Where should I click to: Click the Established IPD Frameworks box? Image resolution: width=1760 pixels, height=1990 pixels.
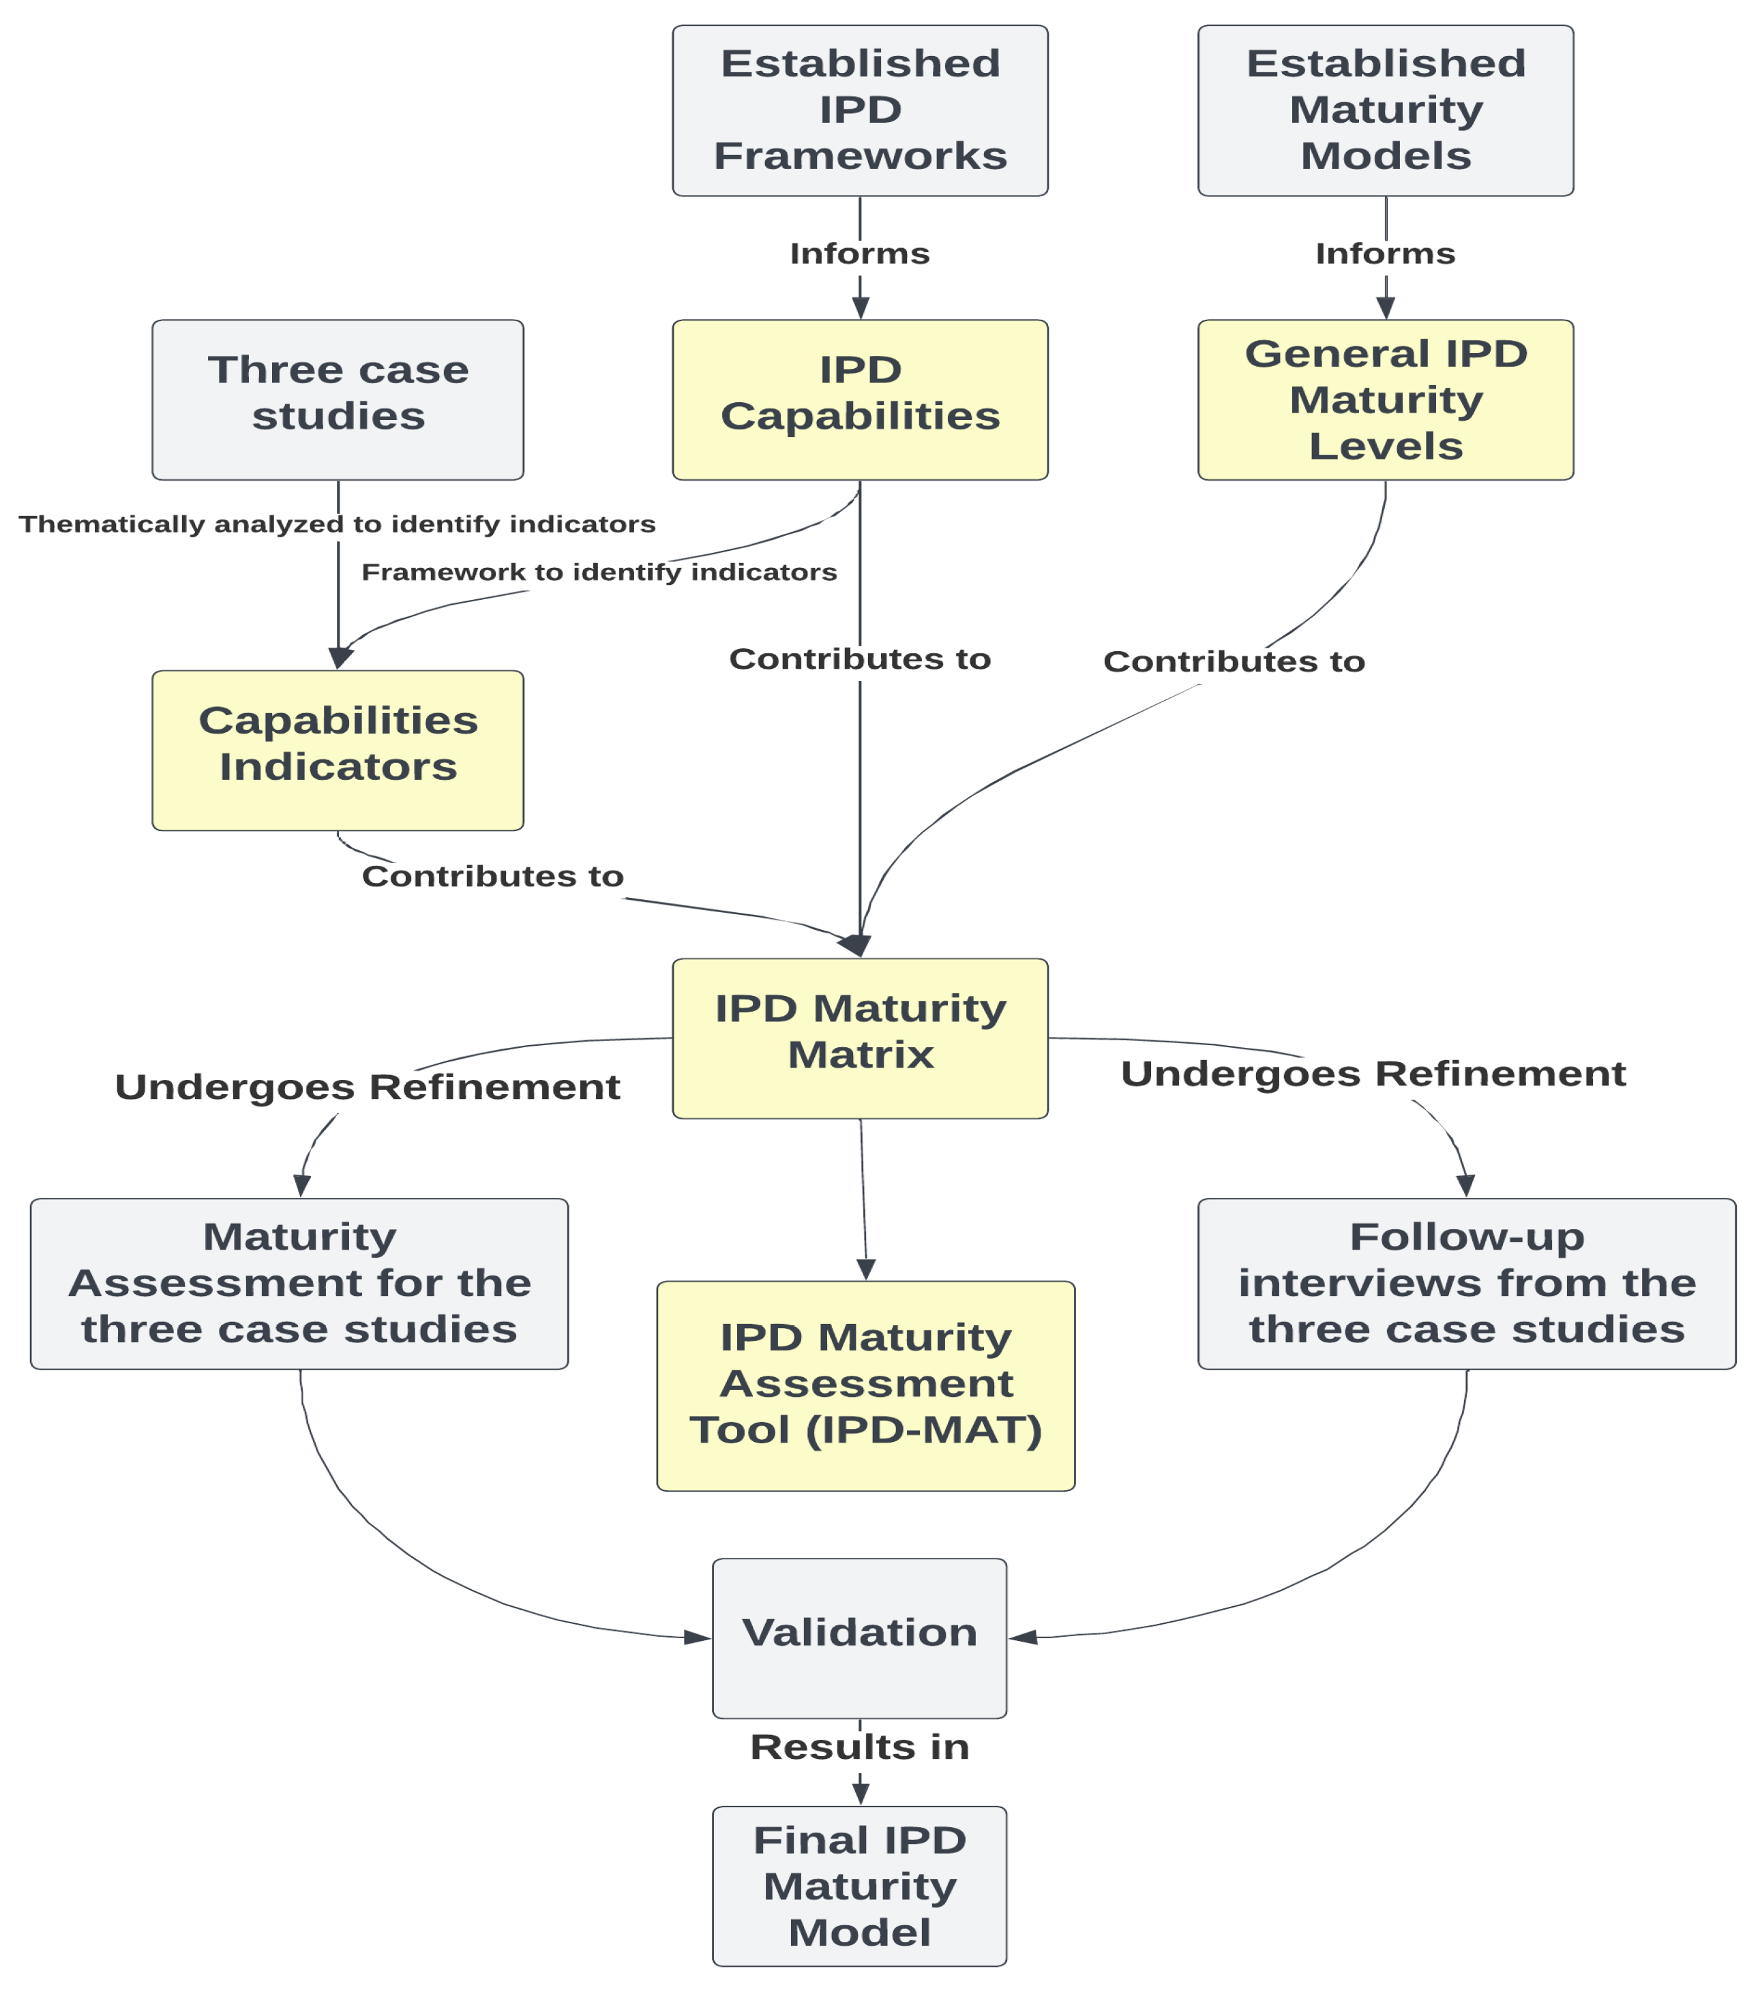click(x=860, y=110)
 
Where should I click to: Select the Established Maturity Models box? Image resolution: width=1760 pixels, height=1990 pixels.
click(x=1385, y=110)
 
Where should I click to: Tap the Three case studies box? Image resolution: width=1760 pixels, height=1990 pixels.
click(x=338, y=399)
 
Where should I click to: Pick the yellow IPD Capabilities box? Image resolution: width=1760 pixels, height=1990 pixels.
click(x=860, y=399)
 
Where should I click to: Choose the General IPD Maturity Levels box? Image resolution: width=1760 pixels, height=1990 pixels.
click(x=1385, y=399)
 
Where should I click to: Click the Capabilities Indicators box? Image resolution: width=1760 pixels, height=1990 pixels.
click(x=338, y=750)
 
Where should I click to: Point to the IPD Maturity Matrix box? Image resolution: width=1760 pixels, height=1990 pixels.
click(x=860, y=1038)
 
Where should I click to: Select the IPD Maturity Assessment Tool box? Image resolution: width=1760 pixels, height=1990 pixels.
click(x=866, y=1385)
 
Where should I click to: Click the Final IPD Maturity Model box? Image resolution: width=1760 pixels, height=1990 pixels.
click(x=859, y=1886)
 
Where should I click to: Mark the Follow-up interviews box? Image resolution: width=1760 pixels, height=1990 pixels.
click(x=1467, y=1283)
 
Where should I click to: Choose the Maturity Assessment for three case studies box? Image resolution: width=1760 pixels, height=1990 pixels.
click(x=299, y=1283)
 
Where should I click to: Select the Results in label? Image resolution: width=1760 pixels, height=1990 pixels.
click(x=860, y=1747)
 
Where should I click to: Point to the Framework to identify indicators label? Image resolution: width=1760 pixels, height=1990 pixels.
click(x=599, y=571)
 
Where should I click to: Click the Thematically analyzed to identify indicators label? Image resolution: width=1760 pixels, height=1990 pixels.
click(x=337, y=524)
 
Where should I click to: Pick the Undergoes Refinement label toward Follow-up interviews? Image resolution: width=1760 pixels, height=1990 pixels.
click(x=1373, y=1074)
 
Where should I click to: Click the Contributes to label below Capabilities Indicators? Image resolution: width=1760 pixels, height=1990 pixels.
click(x=493, y=876)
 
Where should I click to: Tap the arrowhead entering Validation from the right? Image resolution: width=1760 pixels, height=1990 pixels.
click(x=1023, y=1638)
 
